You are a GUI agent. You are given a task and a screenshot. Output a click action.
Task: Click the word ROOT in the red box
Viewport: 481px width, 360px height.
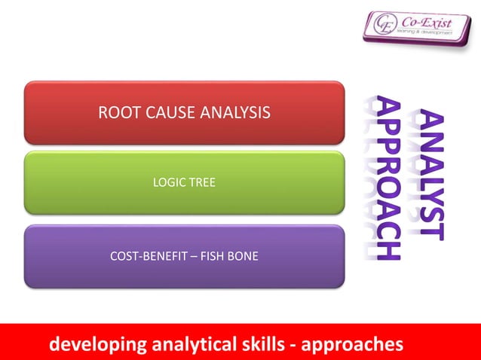[115, 114]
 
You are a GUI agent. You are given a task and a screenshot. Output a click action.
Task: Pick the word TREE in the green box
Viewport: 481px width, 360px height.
[202, 182]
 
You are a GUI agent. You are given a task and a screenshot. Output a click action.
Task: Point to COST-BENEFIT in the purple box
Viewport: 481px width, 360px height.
[145, 256]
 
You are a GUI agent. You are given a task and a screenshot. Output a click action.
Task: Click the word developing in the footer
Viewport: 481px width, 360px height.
[98, 345]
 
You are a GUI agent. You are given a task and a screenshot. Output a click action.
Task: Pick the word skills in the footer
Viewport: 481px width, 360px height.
[265, 345]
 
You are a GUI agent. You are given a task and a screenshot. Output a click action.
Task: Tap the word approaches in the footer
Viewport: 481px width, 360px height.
[353, 345]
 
